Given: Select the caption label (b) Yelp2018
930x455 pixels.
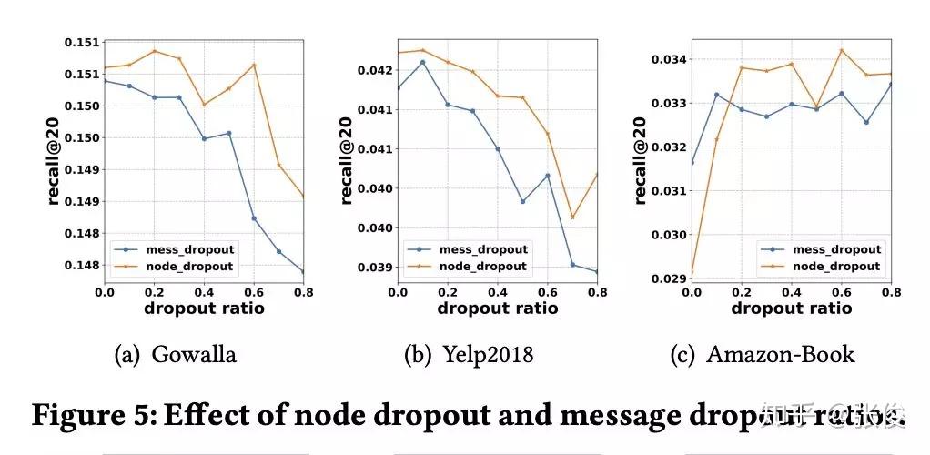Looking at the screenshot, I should [x=468, y=354].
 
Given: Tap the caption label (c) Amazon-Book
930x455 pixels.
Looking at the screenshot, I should [x=763, y=354].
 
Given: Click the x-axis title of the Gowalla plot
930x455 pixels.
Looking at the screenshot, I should [x=204, y=308].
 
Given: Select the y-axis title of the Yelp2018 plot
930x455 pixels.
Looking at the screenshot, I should [x=348, y=164].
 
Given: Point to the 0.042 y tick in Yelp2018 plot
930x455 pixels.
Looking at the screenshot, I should [x=377, y=70].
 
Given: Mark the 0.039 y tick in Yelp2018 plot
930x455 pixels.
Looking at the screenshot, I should [x=377, y=267].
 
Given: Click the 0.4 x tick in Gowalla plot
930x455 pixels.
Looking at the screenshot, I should [x=204, y=293].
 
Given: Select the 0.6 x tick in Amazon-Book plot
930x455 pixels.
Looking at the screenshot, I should [x=842, y=293].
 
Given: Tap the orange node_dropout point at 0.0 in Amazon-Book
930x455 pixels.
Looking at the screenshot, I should [x=692, y=274].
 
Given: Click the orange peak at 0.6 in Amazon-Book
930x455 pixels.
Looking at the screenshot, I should [x=842, y=50].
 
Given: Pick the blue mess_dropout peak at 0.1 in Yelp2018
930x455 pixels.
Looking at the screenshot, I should [x=422, y=62].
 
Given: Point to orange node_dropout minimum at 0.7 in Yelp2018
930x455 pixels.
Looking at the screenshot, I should [x=572, y=217].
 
